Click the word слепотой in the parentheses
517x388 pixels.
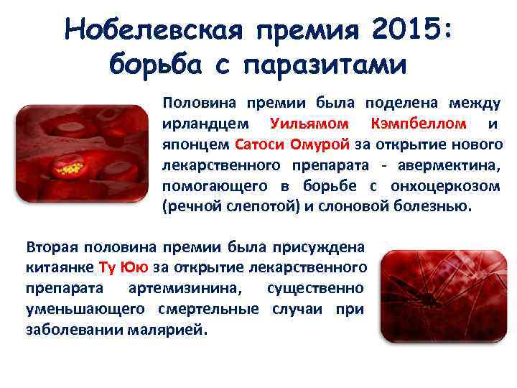tap(251, 207)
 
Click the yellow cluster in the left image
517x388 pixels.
tap(70, 170)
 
